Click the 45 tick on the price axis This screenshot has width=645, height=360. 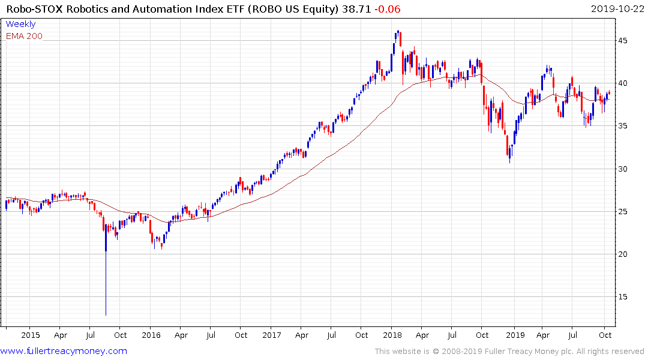coord(625,40)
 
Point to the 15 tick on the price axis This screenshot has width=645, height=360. coord(625,297)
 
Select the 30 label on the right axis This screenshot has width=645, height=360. coord(625,169)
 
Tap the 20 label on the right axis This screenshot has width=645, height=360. coord(625,254)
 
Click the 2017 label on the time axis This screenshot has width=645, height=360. coord(272,335)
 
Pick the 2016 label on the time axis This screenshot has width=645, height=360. coord(151,335)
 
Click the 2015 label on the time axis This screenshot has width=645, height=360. coord(30,335)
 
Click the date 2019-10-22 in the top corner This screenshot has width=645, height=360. coord(615,8)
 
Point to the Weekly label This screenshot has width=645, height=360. coord(20,24)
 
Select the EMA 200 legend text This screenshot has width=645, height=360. coord(24,36)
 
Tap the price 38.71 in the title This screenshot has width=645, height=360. coord(354,8)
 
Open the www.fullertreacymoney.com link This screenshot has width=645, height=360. coord(64,351)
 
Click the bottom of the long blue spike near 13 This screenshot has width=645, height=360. coord(106,314)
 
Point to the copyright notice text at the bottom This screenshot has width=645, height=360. coord(509,351)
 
